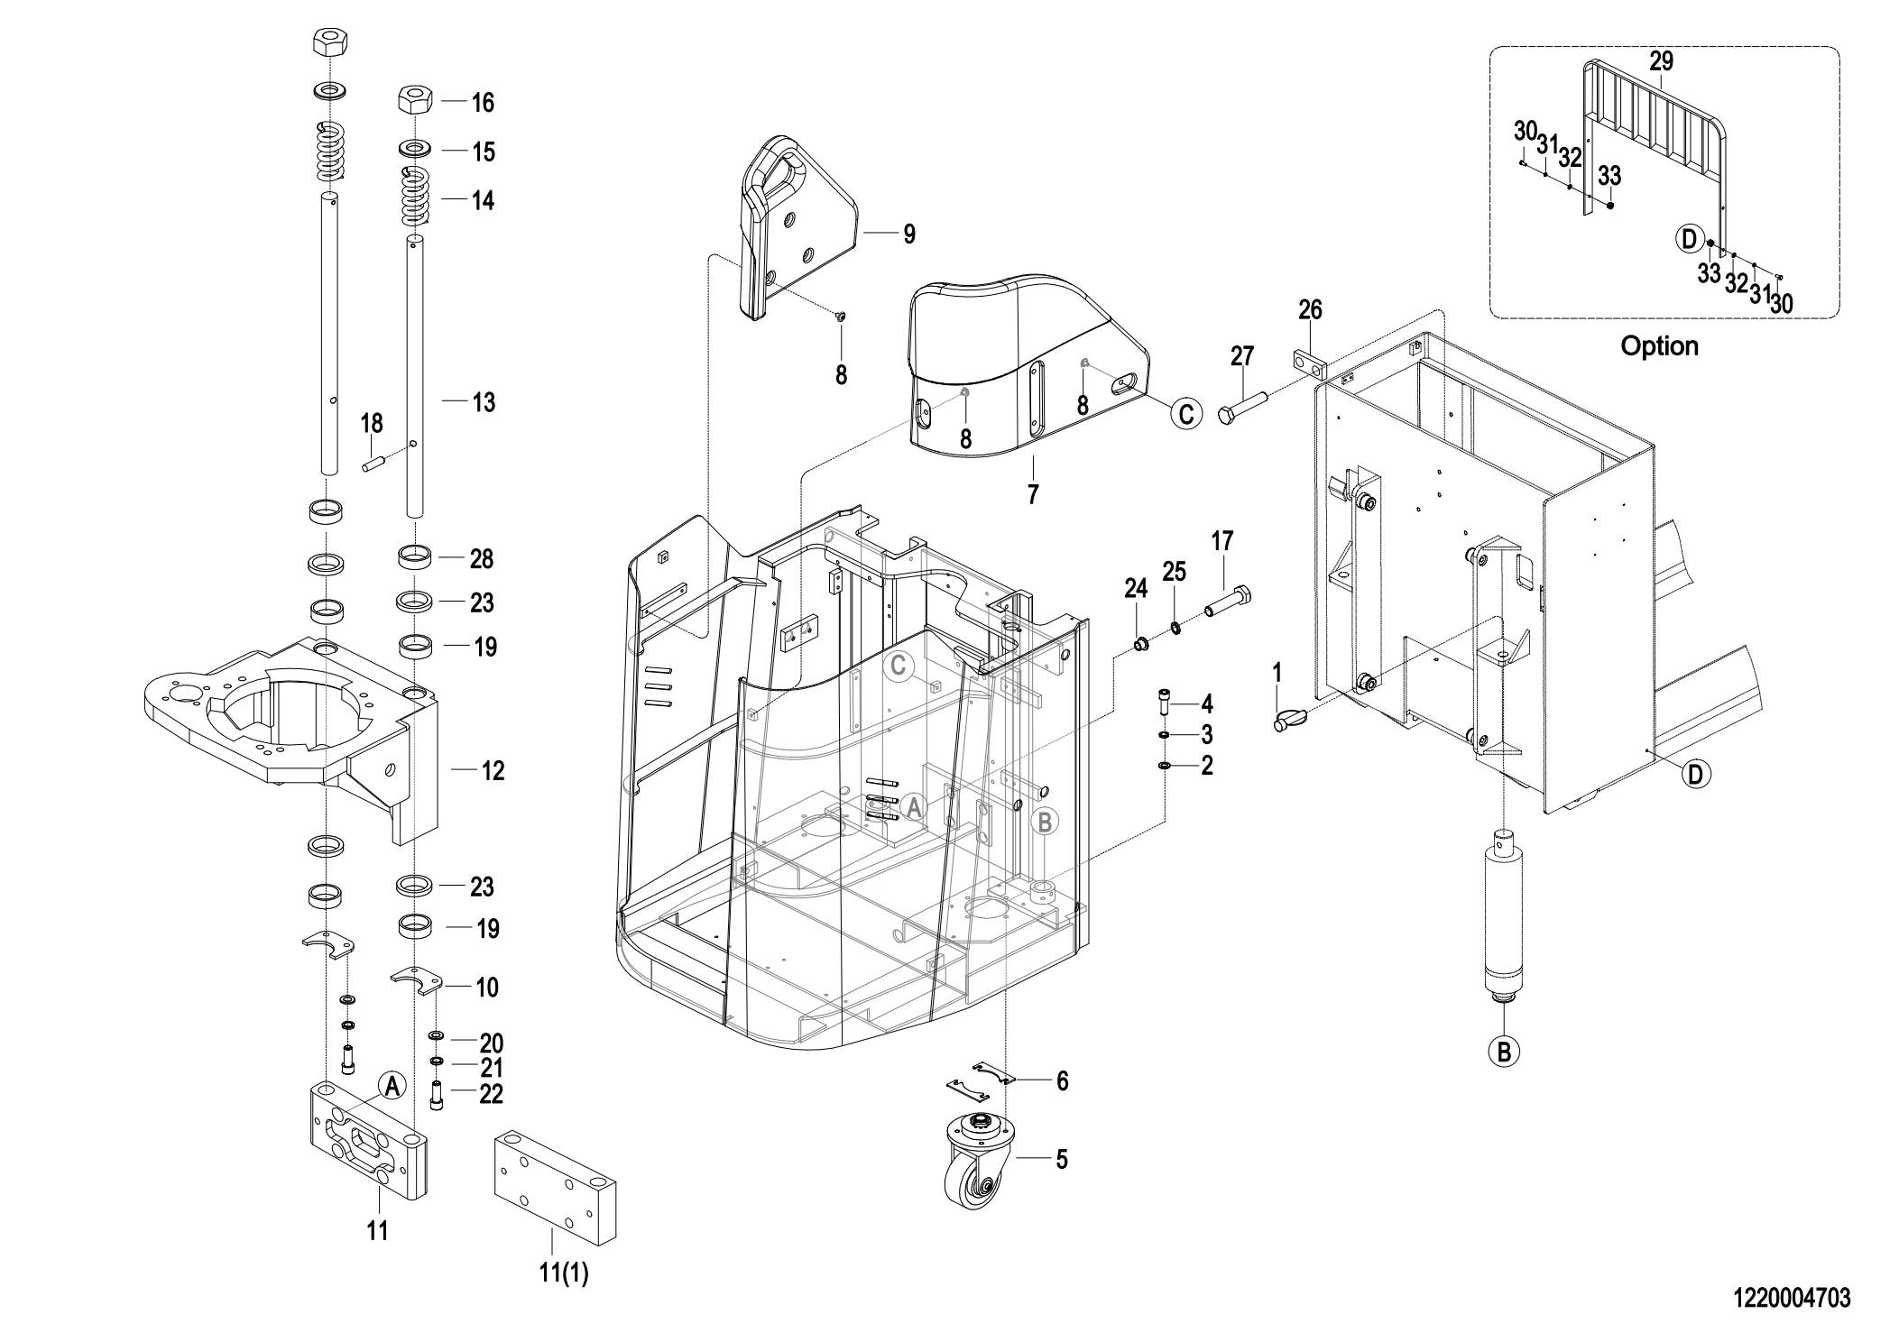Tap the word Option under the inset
[x=1659, y=346]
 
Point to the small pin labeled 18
[x=373, y=464]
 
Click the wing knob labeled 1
[x=1290, y=720]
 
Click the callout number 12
[x=493, y=771]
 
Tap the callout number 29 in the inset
[x=1661, y=61]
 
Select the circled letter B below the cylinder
[x=1503, y=1052]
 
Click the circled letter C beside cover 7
[x=1185, y=414]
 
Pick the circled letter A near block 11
[x=392, y=1087]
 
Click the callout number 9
[x=909, y=234]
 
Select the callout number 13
[x=484, y=402]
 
